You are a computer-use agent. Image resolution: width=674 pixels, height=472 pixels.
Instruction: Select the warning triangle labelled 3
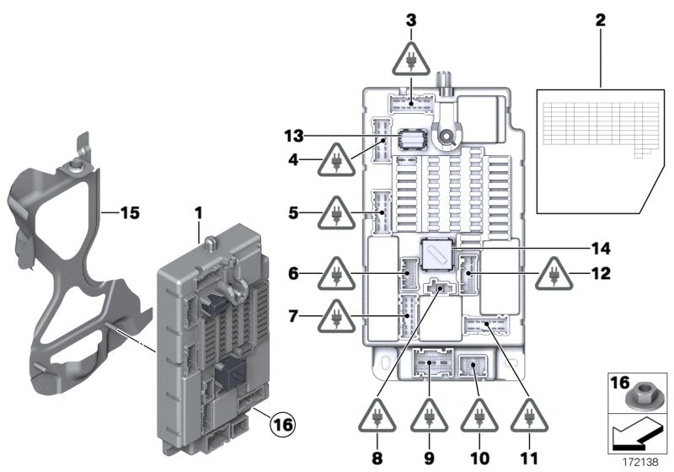click(x=410, y=62)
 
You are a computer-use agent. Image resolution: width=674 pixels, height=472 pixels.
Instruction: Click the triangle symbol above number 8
click(x=378, y=416)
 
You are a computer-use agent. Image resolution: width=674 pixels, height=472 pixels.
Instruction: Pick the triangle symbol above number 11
click(x=528, y=416)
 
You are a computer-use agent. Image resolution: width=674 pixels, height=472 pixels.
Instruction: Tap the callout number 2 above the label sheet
click(x=602, y=21)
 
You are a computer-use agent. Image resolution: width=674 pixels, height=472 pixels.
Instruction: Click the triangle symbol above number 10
click(x=478, y=416)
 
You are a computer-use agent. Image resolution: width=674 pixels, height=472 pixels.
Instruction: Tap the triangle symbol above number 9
click(x=428, y=416)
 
